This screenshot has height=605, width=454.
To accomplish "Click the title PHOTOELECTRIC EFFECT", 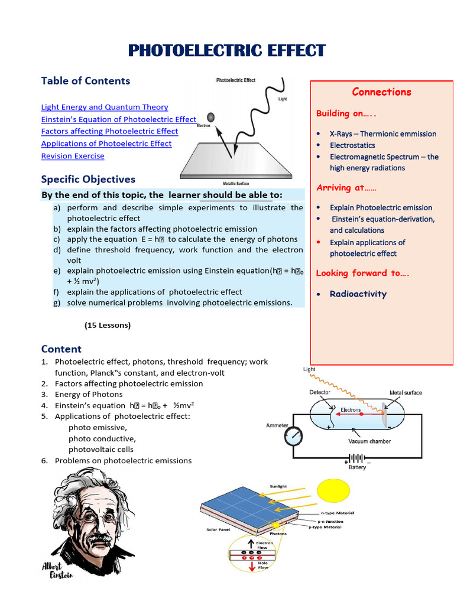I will click(227, 51).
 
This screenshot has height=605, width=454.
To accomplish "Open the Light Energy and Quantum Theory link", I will click(105, 107).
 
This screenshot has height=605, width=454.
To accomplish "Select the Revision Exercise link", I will click(73, 156).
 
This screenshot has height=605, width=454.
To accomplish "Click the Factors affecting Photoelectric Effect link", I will click(109, 131).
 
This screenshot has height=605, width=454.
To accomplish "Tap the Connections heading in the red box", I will click(381, 92).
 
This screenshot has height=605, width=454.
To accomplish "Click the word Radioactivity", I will click(358, 294).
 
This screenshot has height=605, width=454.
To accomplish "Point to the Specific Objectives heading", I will click(88, 179).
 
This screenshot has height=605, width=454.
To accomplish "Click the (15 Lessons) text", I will click(108, 325).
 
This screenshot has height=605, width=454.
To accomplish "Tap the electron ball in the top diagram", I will click(211, 117).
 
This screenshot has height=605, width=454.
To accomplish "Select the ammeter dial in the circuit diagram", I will click(293, 437).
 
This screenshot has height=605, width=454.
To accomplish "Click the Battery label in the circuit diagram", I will click(357, 467).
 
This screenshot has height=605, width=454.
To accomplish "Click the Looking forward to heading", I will click(362, 273).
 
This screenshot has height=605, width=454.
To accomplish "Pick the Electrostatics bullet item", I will click(352, 145).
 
